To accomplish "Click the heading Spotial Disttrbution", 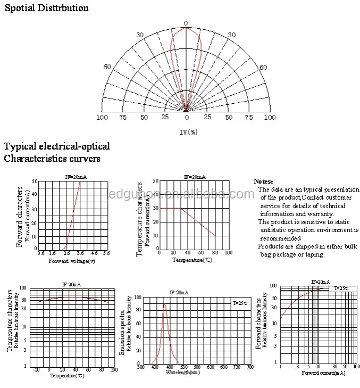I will (46, 8).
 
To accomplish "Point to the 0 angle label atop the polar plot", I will (186, 23).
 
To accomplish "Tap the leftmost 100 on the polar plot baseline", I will (102, 117).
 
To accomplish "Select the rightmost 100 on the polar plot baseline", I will (270, 117).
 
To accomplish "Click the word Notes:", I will (263, 181).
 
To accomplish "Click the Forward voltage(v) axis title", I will (72, 261).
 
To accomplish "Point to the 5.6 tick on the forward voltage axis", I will (106, 253).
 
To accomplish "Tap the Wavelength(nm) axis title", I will (183, 373).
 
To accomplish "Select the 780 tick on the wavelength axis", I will (250, 367).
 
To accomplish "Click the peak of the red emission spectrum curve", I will (165, 304).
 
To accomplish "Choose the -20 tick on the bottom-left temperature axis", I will (36, 370).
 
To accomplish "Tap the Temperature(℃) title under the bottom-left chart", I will (68, 376).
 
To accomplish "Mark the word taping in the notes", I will (312, 254).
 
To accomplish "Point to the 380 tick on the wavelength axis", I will (140, 367).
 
